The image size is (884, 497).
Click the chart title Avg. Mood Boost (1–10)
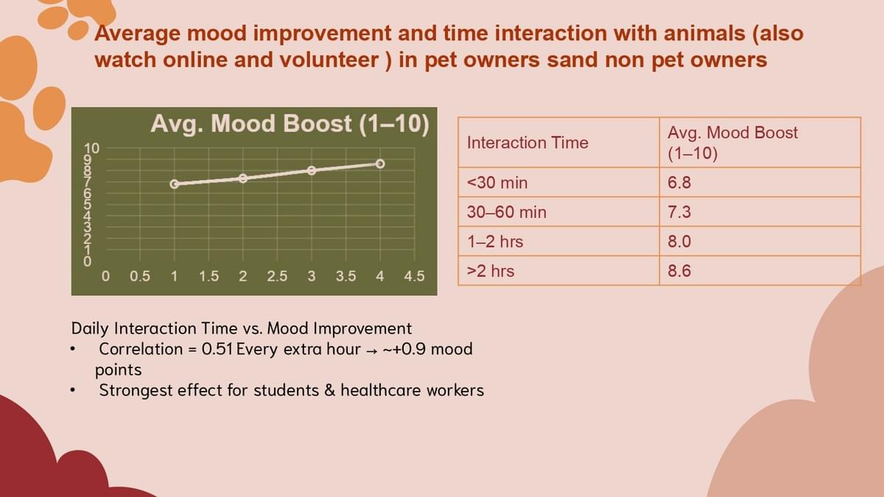tap(290, 124)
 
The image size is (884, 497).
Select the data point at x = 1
tap(175, 184)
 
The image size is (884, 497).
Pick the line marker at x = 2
tap(243, 178)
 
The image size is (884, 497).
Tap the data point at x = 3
tap(312, 170)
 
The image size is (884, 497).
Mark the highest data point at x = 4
tap(380, 163)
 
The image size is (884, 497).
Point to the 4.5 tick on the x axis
tap(414, 276)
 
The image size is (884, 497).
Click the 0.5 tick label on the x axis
tap(140, 276)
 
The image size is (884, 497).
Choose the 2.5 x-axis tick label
tap(277, 276)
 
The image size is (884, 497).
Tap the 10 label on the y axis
tap(91, 148)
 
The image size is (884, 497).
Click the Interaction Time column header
tap(527, 142)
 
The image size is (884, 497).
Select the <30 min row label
tap(497, 183)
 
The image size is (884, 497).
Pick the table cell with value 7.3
tap(679, 212)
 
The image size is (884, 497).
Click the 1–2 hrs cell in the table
tap(495, 242)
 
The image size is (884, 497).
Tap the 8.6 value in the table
tap(679, 271)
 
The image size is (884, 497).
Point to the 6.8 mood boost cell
tap(679, 183)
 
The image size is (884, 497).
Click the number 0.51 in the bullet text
tap(217, 349)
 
